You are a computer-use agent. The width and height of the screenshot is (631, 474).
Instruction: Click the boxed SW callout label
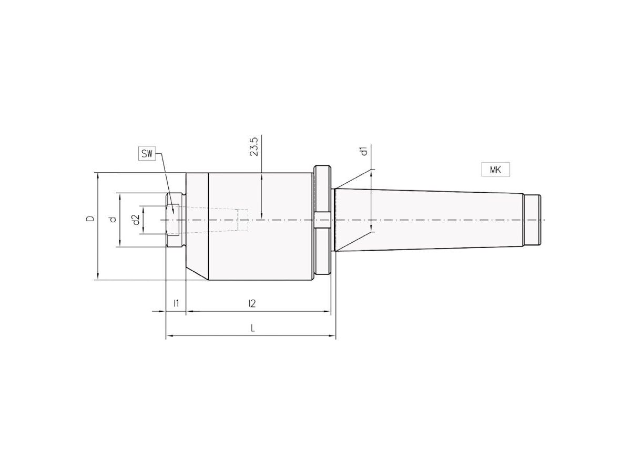pyautogui.click(x=147, y=154)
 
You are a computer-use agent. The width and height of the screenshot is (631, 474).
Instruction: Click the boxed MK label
pyautogui.click(x=495, y=170)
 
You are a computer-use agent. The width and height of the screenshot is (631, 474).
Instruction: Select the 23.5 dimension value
pyautogui.click(x=255, y=147)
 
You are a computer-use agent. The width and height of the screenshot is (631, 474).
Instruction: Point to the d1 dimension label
pyautogui.click(x=363, y=151)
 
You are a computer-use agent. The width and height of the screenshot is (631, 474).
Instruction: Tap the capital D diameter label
pyautogui.click(x=91, y=219)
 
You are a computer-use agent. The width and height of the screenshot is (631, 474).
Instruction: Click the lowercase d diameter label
pyautogui.click(x=112, y=219)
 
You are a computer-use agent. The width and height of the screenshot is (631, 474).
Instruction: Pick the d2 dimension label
pyautogui.click(x=136, y=220)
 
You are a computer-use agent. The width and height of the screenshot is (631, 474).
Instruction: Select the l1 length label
pyautogui.click(x=177, y=303)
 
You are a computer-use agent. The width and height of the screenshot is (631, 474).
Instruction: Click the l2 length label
pyautogui.click(x=252, y=303)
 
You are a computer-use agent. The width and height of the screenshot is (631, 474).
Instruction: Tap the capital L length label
pyautogui.click(x=253, y=328)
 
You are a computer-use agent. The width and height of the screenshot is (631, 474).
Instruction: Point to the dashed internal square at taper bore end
pyautogui.click(x=242, y=220)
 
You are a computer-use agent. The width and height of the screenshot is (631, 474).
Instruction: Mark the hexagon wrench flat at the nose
pyautogui.click(x=173, y=220)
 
